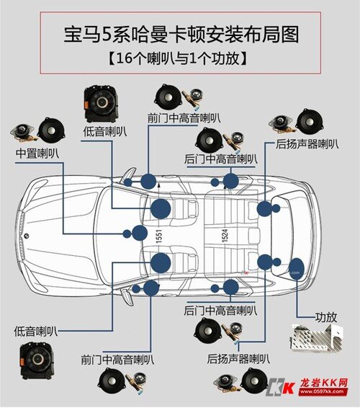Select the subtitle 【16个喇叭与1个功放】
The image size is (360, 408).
coord(179,58)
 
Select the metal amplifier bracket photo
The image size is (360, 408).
coord(314,340)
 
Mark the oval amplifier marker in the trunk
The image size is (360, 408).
coord(296,269)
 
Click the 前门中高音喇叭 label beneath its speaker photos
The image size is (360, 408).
coord(116,358)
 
